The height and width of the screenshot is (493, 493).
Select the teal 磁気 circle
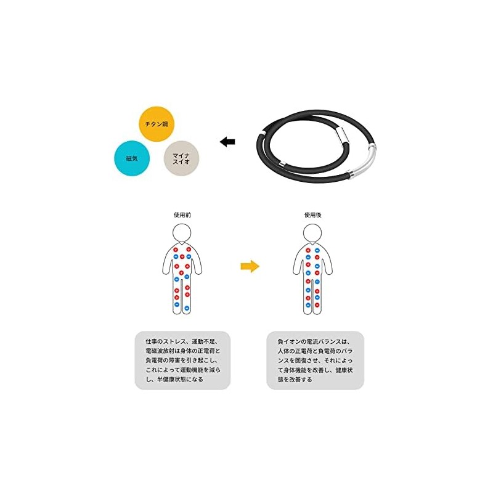[132, 158]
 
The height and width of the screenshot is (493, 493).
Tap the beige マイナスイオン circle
[181, 159]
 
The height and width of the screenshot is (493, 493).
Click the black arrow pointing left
[227, 142]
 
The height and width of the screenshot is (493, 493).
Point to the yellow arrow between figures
[250, 266]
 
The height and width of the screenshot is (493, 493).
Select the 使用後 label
[312, 216]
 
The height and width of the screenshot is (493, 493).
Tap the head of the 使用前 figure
[182, 233]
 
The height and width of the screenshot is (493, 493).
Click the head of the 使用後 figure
[312, 233]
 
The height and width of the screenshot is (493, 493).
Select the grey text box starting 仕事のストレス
[182, 360]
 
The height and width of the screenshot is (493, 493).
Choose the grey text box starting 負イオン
[315, 360]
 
